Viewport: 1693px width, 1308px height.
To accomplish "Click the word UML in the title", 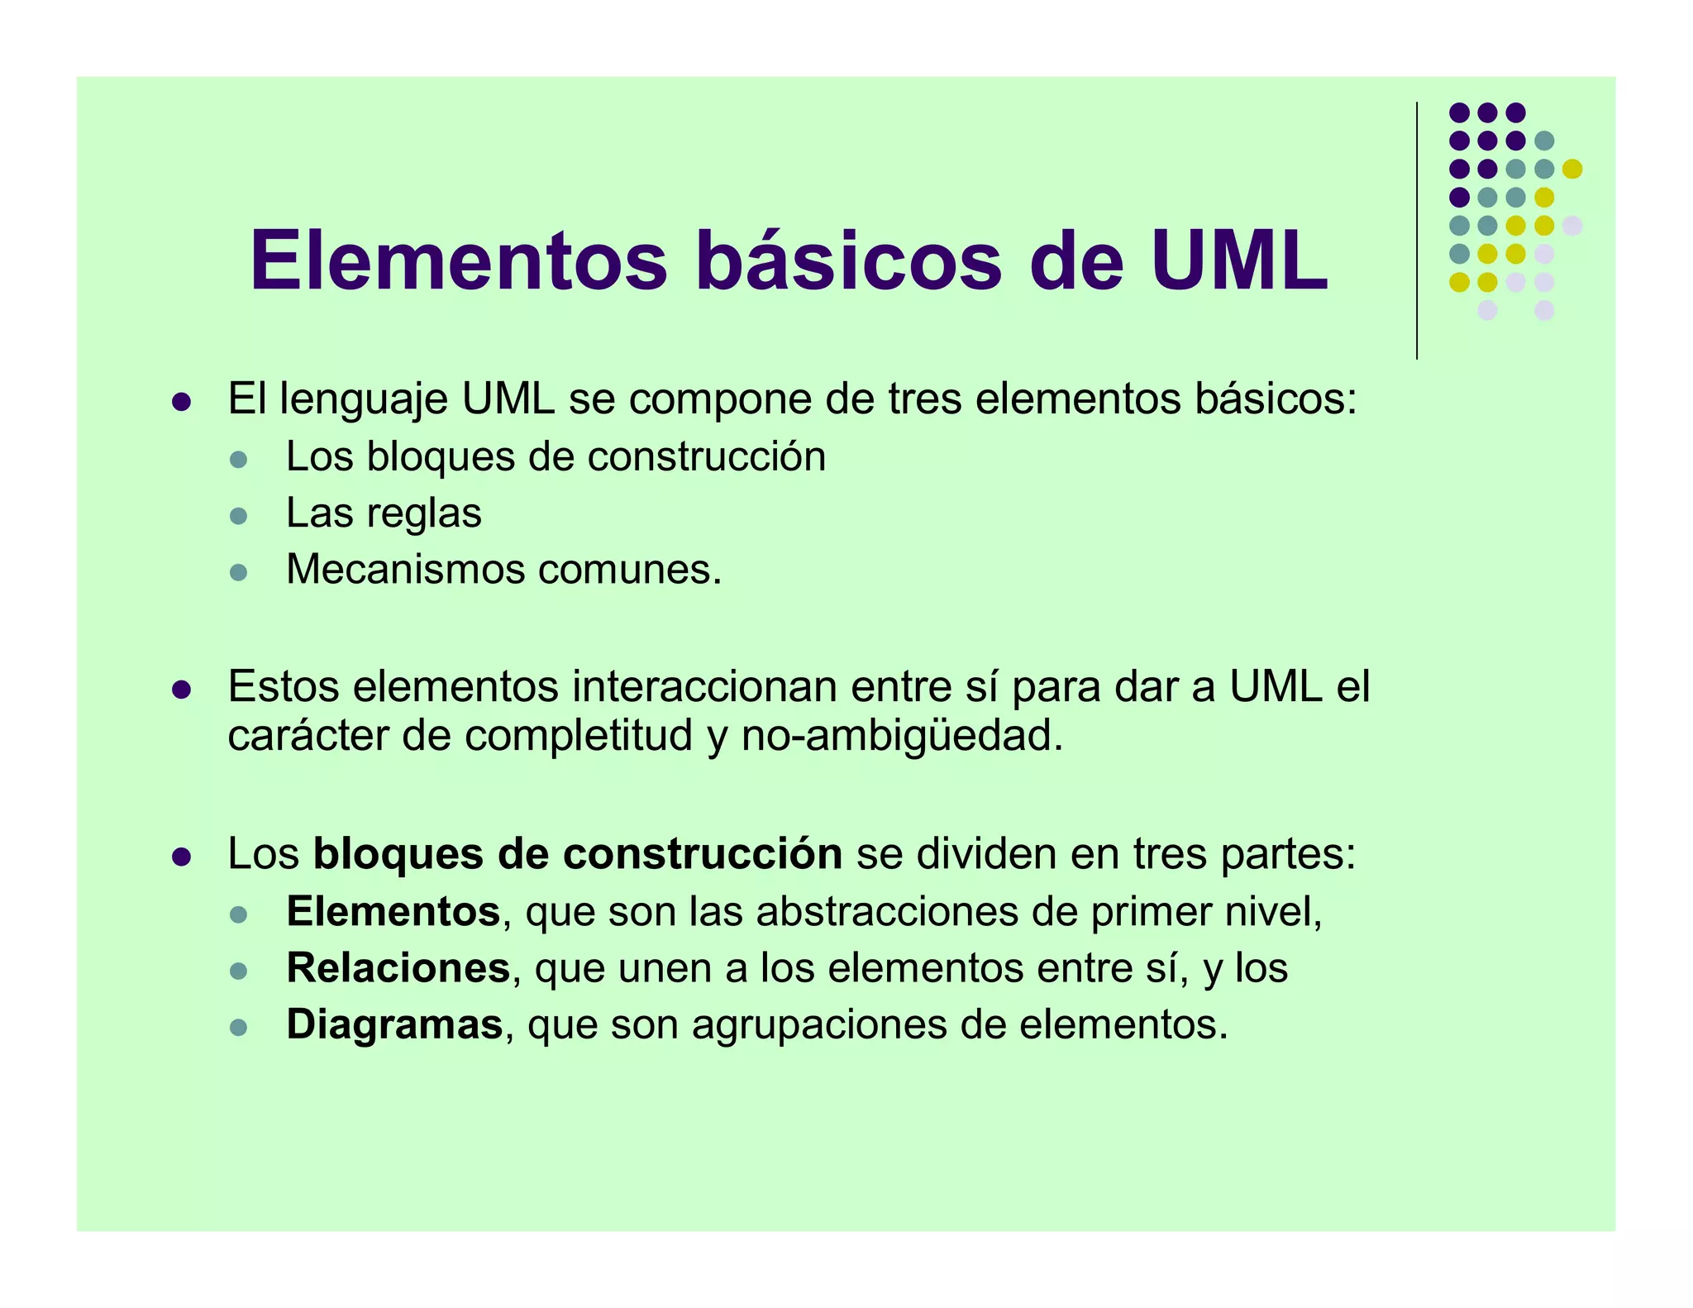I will click(1238, 261).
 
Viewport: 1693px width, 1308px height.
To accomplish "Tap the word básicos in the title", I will click(848, 261).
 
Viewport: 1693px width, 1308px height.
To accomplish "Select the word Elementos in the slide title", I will click(459, 261).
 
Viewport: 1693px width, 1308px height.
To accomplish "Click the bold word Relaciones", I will click(398, 968).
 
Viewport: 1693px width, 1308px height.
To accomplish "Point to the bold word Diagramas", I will click(394, 1025).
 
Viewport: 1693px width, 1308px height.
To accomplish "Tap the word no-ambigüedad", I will click(902, 736).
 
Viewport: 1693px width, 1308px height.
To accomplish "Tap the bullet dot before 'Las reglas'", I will click(239, 516).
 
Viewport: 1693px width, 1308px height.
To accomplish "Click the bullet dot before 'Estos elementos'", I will click(181, 690).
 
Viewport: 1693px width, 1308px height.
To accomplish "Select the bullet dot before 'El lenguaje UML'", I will click(181, 402).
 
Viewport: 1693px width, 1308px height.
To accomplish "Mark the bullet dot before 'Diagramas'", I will click(239, 1028).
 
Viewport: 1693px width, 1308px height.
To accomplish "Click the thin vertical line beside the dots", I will click(1417, 232).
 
